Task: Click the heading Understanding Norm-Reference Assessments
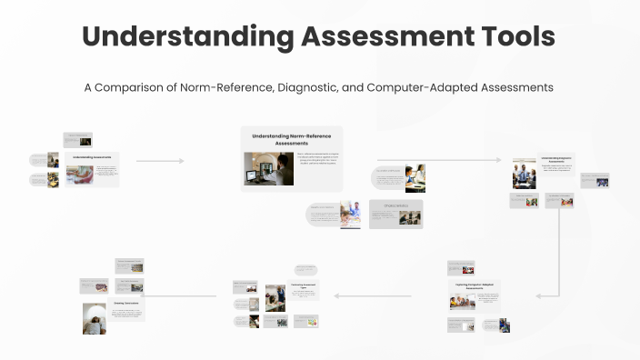(x=292, y=139)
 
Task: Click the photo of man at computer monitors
(x=268, y=168)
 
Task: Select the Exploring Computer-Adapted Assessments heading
(x=475, y=287)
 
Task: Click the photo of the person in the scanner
(x=95, y=319)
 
